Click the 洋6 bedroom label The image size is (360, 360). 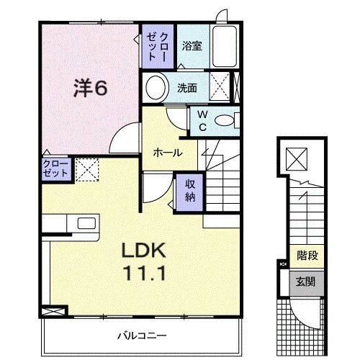(x=90, y=89)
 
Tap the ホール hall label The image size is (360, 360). (x=166, y=153)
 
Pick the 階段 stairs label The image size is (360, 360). (x=307, y=255)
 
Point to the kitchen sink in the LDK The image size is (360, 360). (x=84, y=223)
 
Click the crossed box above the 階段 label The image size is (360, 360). (x=297, y=158)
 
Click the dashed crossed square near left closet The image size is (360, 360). (x=86, y=170)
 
